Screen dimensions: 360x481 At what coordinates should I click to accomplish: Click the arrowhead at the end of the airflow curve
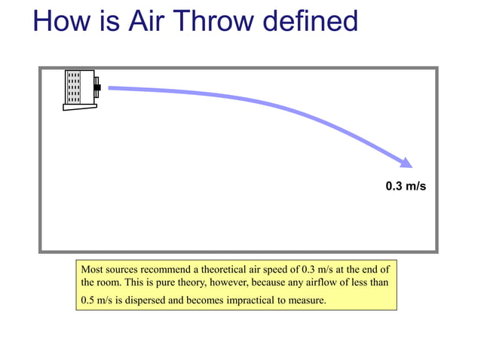click(406, 162)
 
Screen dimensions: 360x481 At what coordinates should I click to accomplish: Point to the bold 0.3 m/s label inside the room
click(406, 186)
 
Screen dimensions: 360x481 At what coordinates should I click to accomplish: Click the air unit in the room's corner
click(80, 89)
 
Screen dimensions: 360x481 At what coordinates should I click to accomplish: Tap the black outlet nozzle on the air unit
click(97, 89)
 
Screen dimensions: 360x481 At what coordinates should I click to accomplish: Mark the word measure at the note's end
click(305, 301)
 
